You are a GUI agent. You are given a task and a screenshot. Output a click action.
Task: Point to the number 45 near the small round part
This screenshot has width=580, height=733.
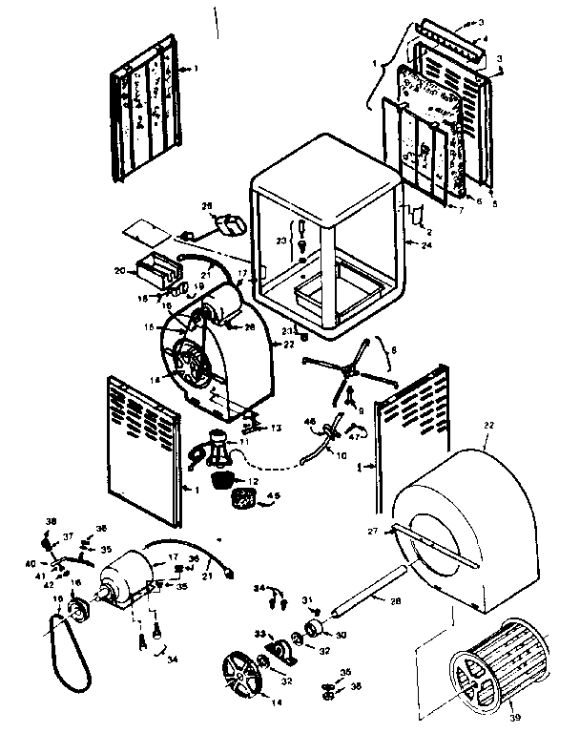[274, 495]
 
